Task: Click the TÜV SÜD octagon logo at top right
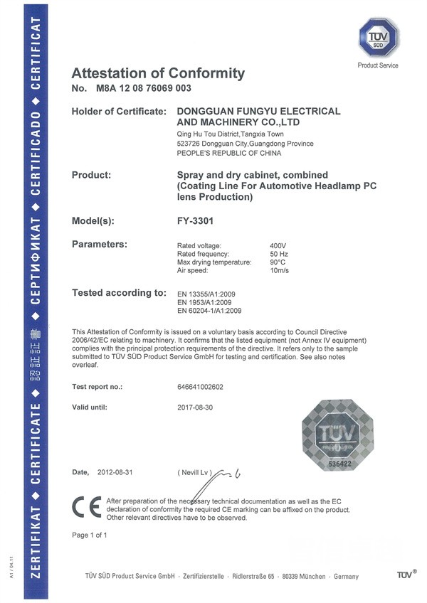coord(378,38)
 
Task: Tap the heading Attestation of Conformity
coord(158,73)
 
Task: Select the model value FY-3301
coord(195,220)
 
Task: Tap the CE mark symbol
coord(84,507)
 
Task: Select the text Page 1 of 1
coord(90,534)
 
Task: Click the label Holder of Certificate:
coord(120,112)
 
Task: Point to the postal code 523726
coord(186,144)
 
